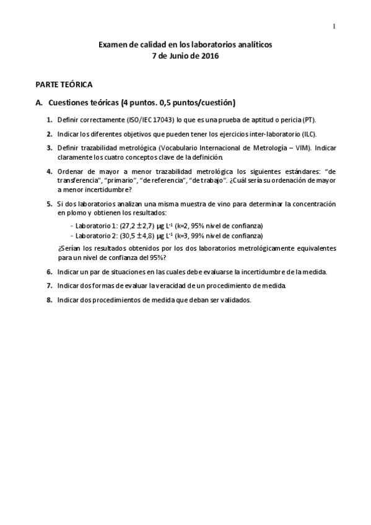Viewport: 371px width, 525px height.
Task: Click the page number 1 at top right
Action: [x=334, y=26]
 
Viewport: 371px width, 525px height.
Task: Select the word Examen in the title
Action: [x=113, y=45]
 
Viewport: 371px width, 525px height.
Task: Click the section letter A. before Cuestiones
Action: [x=39, y=102]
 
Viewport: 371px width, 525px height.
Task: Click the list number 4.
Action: [x=49, y=171]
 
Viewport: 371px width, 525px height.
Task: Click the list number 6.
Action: [x=49, y=272]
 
